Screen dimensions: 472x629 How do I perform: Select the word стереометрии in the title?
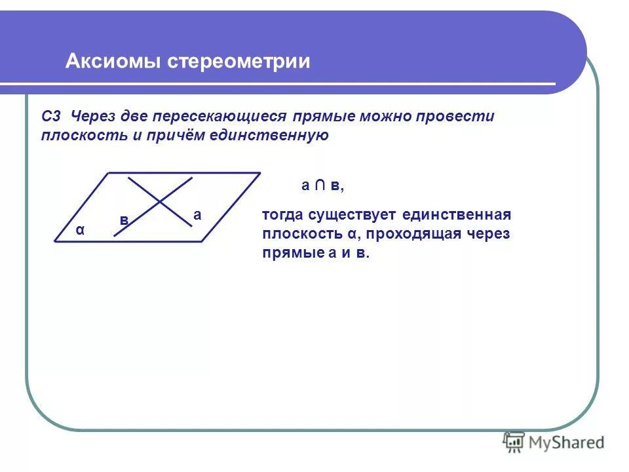(x=238, y=62)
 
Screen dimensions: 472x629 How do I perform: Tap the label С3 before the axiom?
(x=50, y=117)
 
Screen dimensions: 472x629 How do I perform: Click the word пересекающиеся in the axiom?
(x=219, y=117)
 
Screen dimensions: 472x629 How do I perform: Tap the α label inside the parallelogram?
(x=80, y=230)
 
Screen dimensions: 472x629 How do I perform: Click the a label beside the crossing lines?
(x=197, y=214)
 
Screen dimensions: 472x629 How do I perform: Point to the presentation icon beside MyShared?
(x=514, y=442)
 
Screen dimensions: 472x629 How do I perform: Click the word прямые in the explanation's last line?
(x=287, y=253)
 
